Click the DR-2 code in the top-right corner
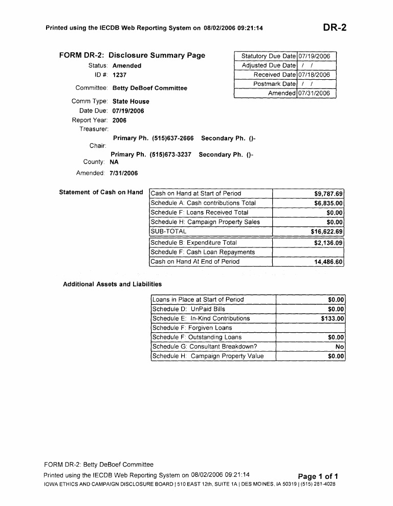pyautogui.click(x=334, y=28)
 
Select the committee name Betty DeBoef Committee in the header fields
pyautogui.click(x=149, y=88)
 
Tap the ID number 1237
pyautogui.click(x=119, y=75)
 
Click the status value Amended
pyautogui.click(x=126, y=65)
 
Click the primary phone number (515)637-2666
pyautogui.click(x=172, y=139)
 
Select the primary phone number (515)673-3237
pyautogui.click(x=170, y=154)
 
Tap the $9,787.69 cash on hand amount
pyautogui.click(x=328, y=194)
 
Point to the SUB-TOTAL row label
pyautogui.click(x=168, y=231)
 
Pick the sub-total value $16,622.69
pyautogui.click(x=326, y=232)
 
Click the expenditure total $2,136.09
pyautogui.click(x=328, y=243)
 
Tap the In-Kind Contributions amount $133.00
pyautogui.click(x=331, y=318)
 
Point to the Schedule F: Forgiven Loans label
pyautogui.click(x=192, y=328)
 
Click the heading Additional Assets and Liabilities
pyautogui.click(x=112, y=284)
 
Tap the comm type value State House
pyautogui.click(x=130, y=101)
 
